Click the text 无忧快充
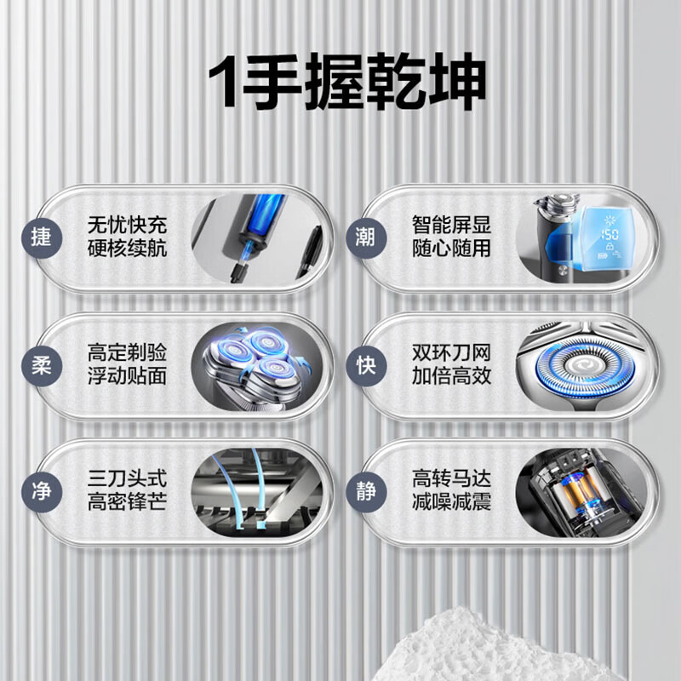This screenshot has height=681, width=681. tap(128, 226)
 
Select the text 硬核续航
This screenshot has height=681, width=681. tap(128, 249)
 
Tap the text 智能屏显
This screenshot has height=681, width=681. tap(451, 226)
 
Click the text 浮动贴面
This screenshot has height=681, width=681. tap(128, 375)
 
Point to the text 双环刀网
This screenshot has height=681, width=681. tap(451, 352)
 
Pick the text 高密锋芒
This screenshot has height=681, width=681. tap(128, 502)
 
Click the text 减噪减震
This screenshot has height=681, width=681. tap(451, 502)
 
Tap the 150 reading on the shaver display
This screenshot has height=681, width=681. tap(609, 233)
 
